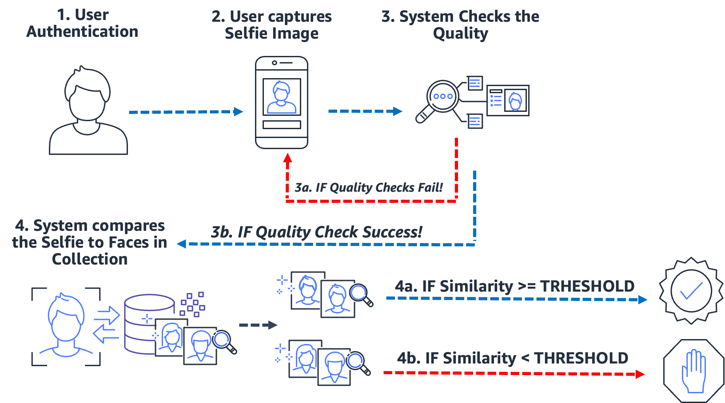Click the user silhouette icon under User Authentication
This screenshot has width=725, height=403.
pos(88,111)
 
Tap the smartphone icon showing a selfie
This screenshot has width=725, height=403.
pos(281,103)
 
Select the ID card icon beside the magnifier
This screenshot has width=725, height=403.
pos(508,101)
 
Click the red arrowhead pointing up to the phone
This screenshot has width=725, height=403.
pos(288,158)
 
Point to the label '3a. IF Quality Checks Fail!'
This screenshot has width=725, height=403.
pos(369,188)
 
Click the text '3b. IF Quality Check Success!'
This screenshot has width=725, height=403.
pos(316,232)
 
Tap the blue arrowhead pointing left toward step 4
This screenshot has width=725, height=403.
pos(181,244)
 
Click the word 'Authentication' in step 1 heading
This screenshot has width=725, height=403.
pos(82,32)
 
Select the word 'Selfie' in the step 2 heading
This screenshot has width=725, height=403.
pos(245,33)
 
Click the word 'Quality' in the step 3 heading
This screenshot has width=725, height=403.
pos(460,33)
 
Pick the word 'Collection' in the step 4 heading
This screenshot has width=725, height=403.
pos(90,259)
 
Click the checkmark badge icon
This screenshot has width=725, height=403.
pos(691,291)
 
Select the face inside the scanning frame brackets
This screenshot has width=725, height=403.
pos(66,326)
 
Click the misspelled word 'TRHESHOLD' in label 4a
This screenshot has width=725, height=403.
pos(587,286)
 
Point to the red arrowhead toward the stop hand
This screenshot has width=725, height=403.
pos(640,374)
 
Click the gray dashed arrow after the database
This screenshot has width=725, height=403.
pos(258,325)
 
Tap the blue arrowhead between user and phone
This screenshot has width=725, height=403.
pos(239,112)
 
